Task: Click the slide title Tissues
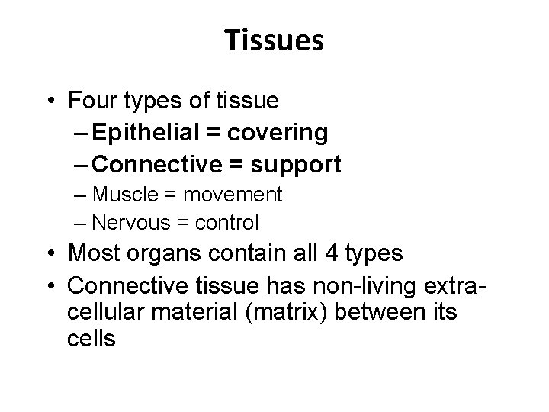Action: tap(274, 41)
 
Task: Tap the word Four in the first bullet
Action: tap(91, 100)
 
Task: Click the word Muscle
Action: tap(124, 195)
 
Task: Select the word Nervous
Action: tap(129, 223)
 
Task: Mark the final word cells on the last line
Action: tap(91, 339)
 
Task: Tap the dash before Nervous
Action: tap(81, 223)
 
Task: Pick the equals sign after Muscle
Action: tap(169, 195)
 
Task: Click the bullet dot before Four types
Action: tap(51, 100)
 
